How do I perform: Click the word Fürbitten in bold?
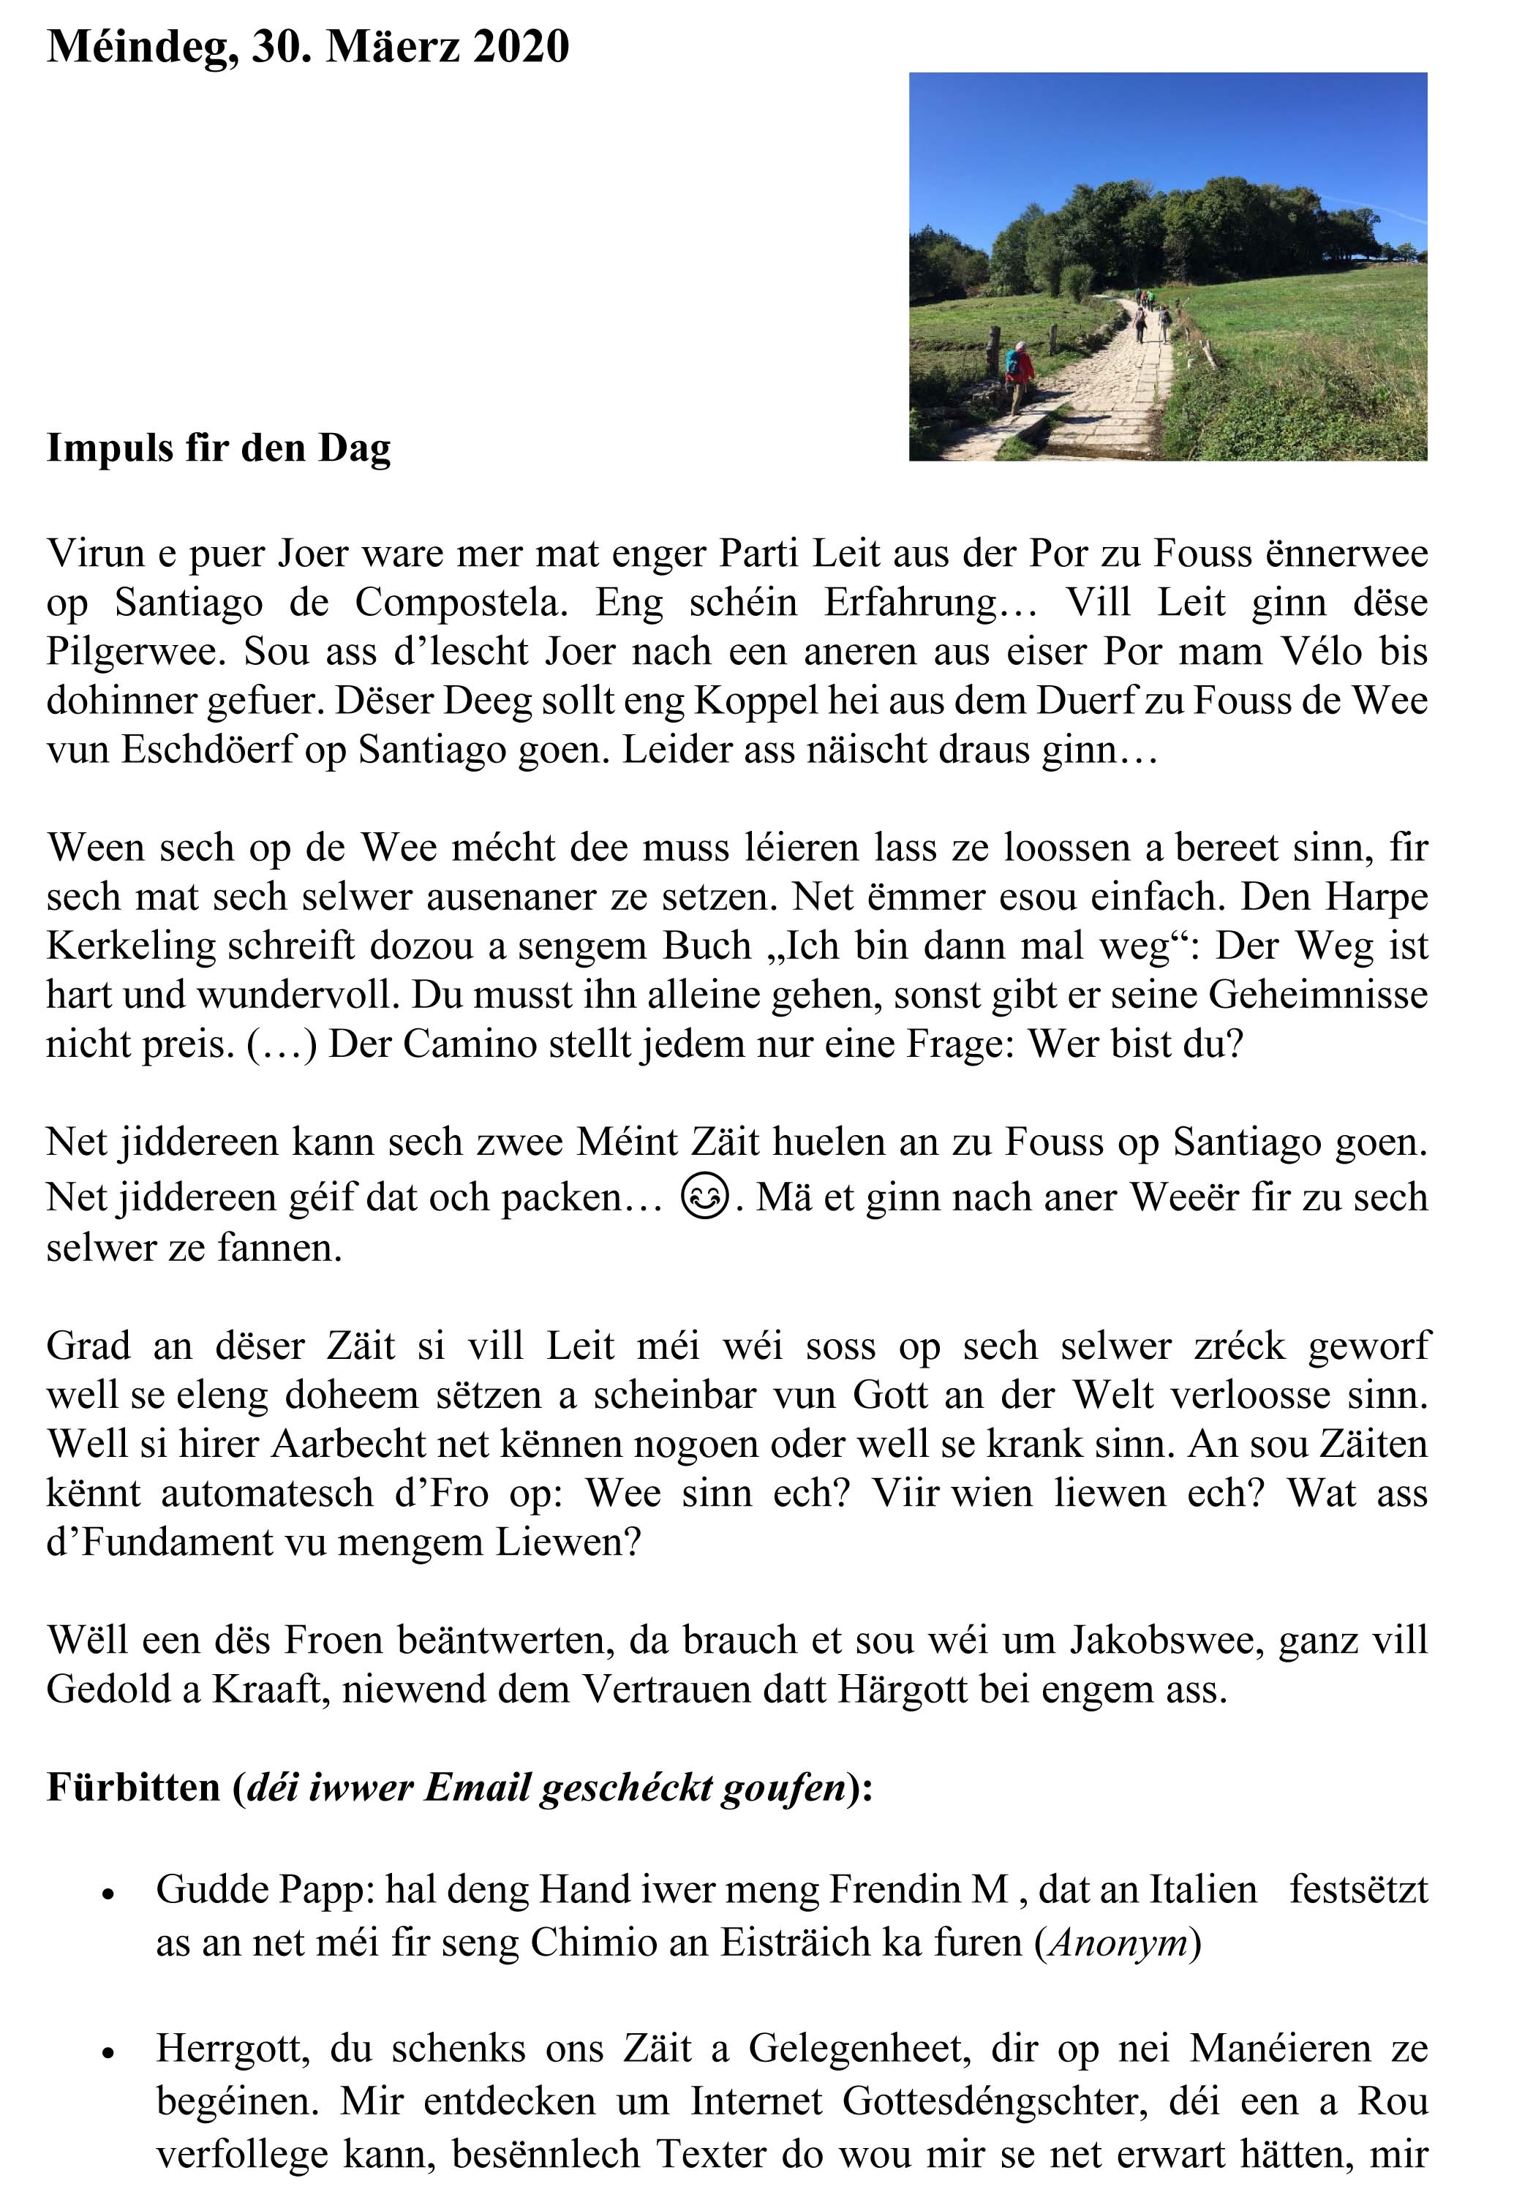coord(133,1786)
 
